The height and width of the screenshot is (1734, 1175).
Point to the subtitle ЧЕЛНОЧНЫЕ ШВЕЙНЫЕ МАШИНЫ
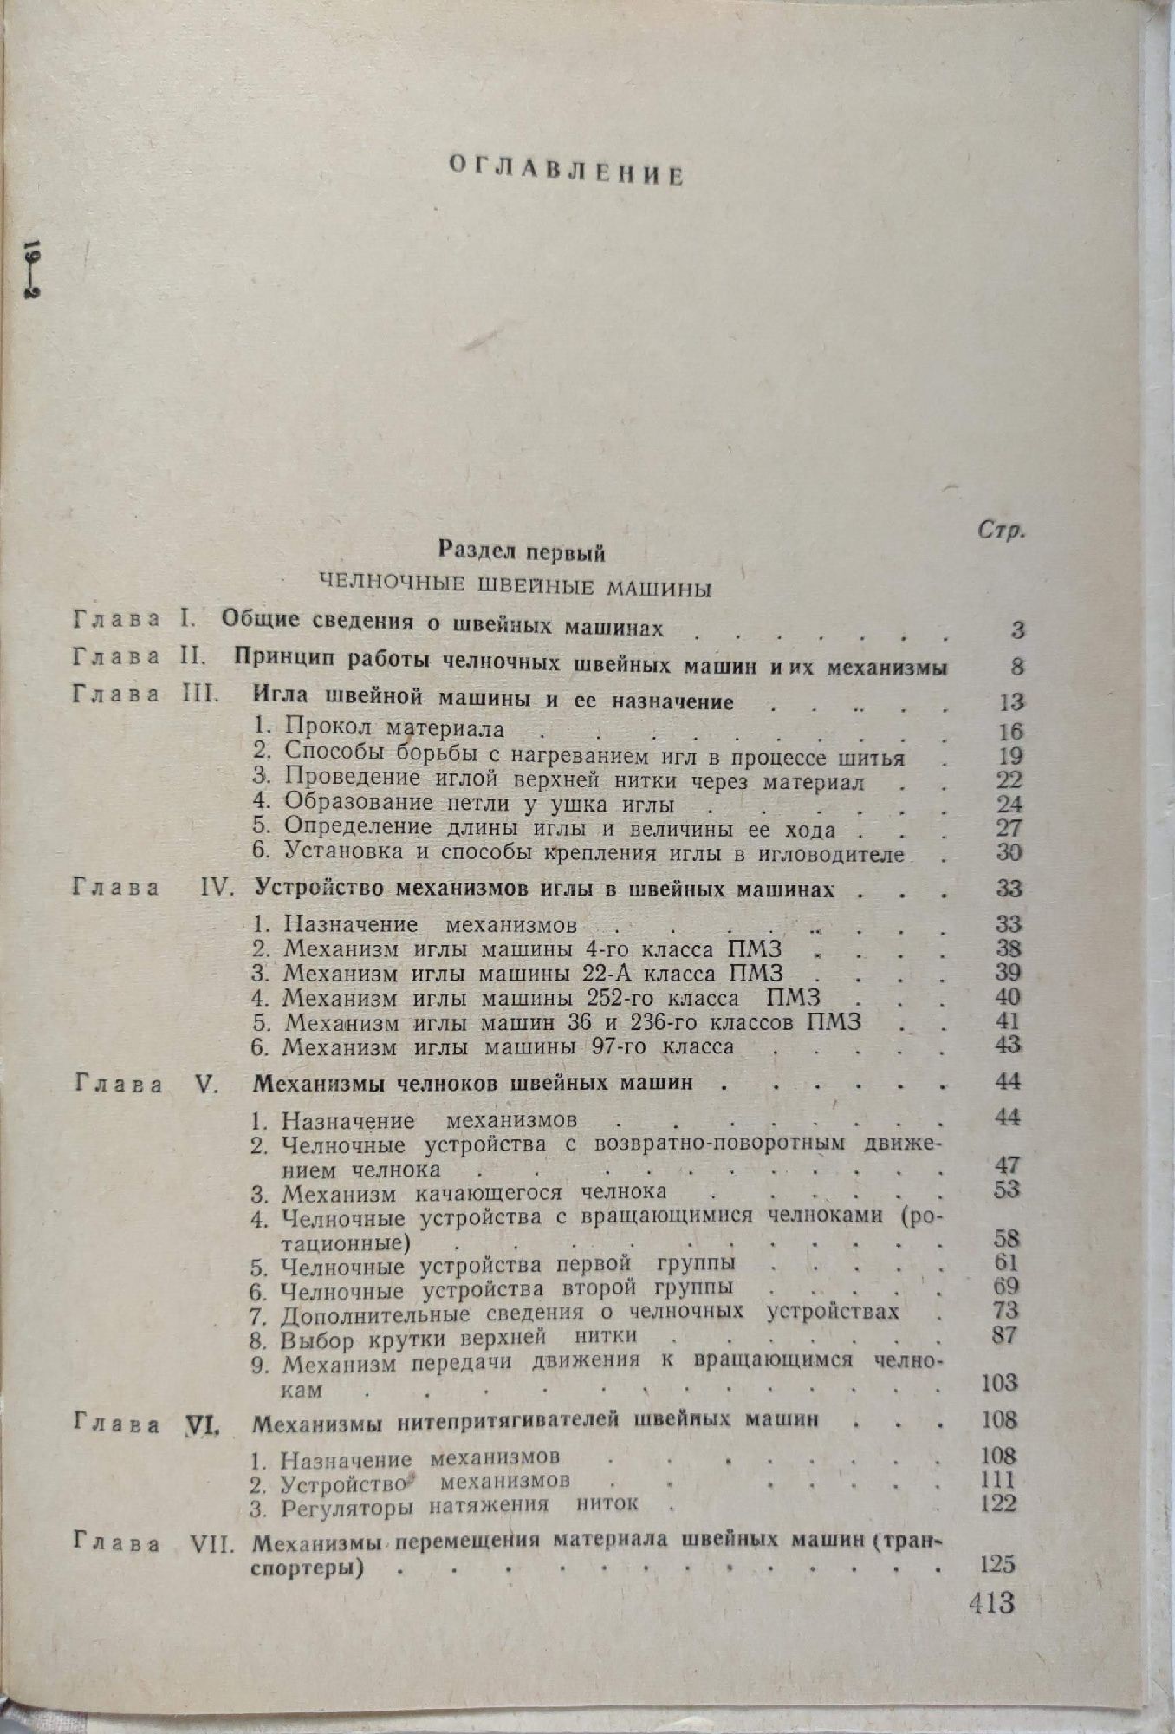click(516, 588)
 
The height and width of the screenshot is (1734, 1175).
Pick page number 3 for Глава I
click(1017, 630)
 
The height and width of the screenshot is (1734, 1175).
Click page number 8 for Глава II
click(1017, 667)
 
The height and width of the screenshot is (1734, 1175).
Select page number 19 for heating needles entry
click(1009, 756)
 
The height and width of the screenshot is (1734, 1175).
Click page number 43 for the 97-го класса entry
click(1008, 1045)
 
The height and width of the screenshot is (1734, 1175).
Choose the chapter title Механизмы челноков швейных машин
click(474, 1084)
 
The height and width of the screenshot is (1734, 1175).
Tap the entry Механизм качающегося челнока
click(474, 1192)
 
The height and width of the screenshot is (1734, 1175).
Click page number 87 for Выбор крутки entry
click(1005, 1334)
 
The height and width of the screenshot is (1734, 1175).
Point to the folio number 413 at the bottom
click(992, 1602)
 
